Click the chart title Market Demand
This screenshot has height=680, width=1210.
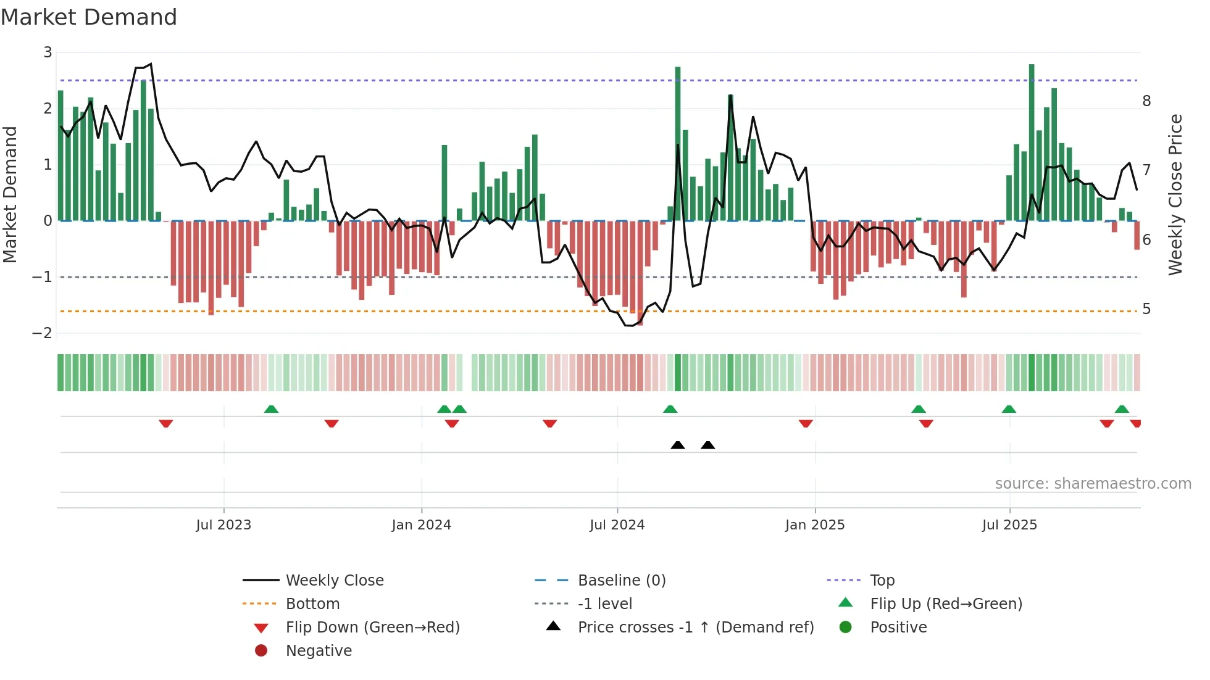point(89,17)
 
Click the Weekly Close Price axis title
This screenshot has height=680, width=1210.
point(1175,194)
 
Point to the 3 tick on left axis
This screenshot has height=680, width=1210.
point(48,52)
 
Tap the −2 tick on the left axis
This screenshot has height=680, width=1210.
point(43,333)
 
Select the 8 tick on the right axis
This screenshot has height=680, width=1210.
point(1146,101)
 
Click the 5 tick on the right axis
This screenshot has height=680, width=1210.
point(1146,309)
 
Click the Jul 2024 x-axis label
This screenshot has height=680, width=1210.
point(617,525)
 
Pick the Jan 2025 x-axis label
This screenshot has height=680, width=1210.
point(815,525)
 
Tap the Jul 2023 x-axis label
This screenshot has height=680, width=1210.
point(223,525)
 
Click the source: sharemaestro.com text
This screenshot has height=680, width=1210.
point(1093,484)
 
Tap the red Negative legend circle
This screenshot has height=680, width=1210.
point(261,651)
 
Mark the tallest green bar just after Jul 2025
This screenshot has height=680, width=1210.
point(1032,142)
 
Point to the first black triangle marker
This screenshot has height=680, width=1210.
point(678,445)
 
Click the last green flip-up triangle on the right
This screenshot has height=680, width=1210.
point(1122,409)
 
